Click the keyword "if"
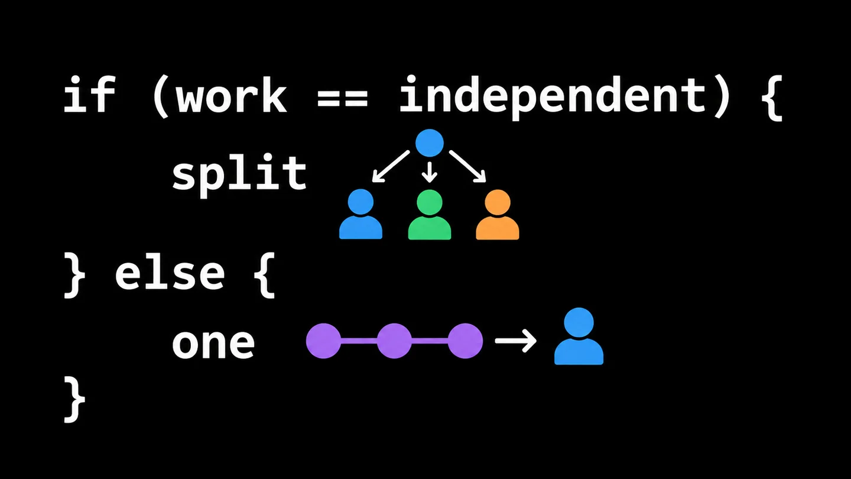click(x=89, y=94)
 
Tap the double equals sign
click(x=343, y=98)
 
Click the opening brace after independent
click(x=772, y=98)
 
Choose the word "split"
click(x=239, y=175)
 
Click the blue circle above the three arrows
click(x=429, y=143)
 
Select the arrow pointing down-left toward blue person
click(x=391, y=167)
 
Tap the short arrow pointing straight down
click(x=430, y=172)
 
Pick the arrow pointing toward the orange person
click(x=467, y=167)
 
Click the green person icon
click(x=429, y=215)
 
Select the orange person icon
click(x=498, y=215)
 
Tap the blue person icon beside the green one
click(x=360, y=214)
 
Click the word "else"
click(x=170, y=274)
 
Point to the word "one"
click(x=213, y=344)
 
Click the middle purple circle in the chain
click(x=394, y=341)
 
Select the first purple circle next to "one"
click(x=323, y=341)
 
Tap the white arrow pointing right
click(x=515, y=341)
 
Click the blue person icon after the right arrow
click(x=579, y=336)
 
